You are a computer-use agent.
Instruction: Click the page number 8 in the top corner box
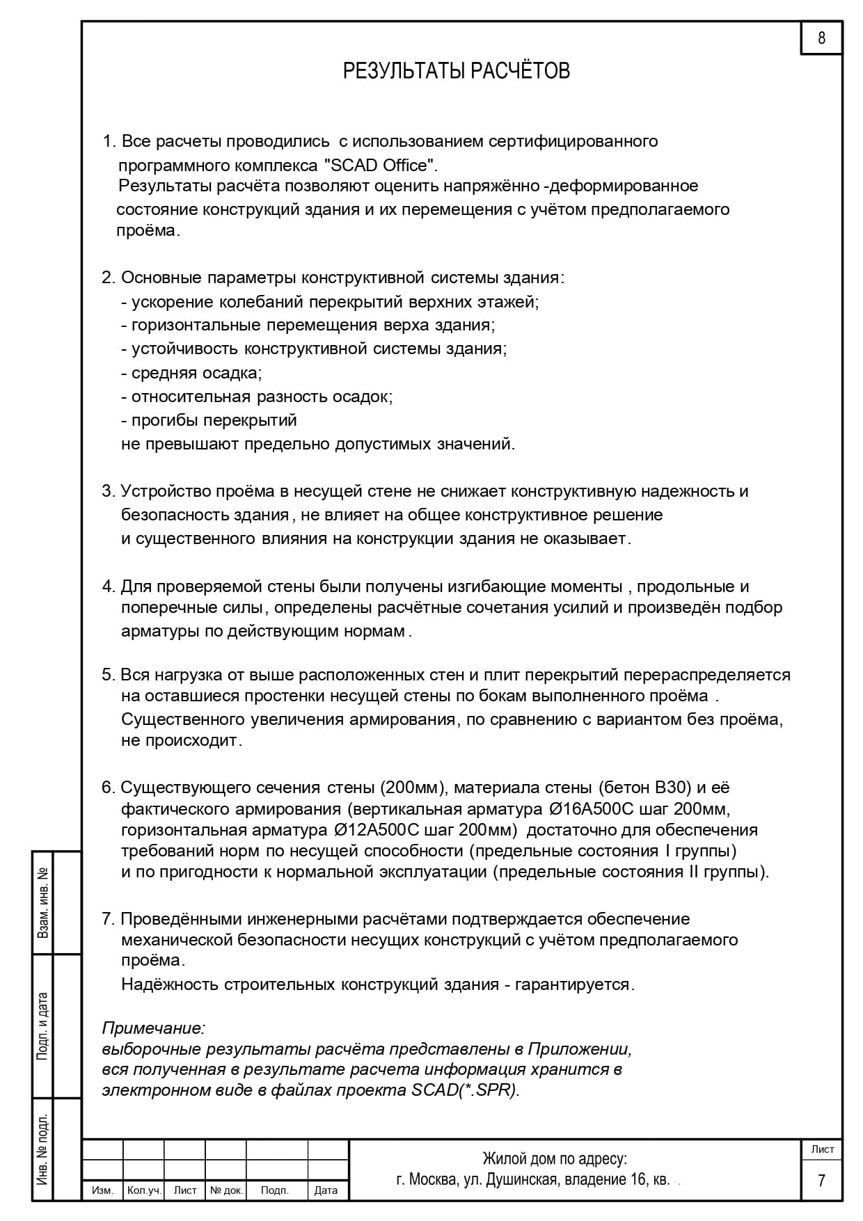tap(821, 38)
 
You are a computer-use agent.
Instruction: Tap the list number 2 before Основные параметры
tap(107, 278)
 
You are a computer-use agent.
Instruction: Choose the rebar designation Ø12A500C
tap(376, 830)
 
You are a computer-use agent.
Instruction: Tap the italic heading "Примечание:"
tap(153, 1028)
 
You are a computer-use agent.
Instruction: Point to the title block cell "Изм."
tap(103, 1190)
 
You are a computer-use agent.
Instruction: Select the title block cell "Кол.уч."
tap(144, 1190)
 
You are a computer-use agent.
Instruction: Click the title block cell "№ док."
tap(226, 1190)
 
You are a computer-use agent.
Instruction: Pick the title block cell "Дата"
tap(326, 1190)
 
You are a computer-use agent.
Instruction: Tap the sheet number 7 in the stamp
tap(821, 1181)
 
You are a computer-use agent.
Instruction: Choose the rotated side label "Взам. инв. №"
tap(43, 902)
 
